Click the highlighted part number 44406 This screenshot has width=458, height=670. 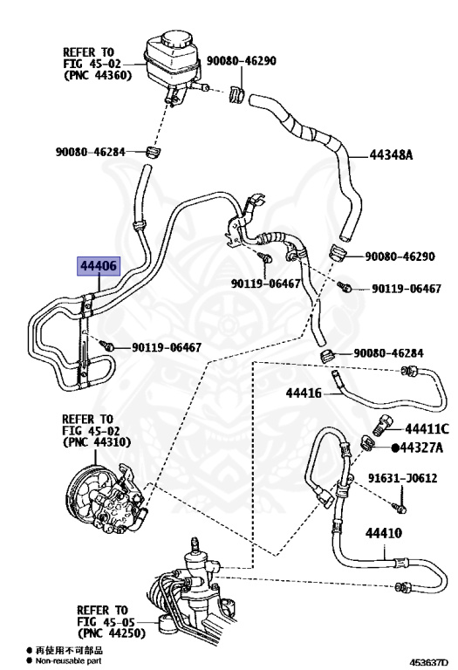point(99,266)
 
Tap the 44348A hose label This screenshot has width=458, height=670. point(391,154)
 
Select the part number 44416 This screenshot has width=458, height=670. point(304,393)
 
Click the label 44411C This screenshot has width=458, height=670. point(427,428)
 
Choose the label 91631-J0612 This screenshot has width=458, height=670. point(402,478)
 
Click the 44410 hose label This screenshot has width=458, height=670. point(383,533)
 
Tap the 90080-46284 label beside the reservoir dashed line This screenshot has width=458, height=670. point(90,152)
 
